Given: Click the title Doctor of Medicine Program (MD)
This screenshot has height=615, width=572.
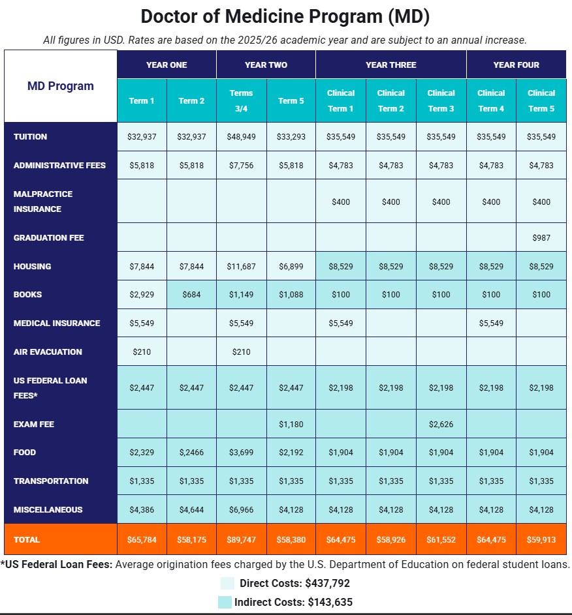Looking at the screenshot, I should [285, 16].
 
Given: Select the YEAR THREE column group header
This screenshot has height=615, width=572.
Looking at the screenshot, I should [390, 65].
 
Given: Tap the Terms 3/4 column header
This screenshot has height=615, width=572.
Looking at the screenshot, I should [241, 100].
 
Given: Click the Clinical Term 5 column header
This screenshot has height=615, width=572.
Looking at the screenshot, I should [541, 100].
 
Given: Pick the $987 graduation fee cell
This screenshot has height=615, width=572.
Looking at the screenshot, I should [541, 237].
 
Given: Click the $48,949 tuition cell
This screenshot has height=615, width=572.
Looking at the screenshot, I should [241, 136].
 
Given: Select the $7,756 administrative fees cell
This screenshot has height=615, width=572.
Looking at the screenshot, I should [241, 165].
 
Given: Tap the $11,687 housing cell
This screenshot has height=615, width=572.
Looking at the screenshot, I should [241, 266].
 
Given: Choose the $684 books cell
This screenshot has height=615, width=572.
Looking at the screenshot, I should [191, 295].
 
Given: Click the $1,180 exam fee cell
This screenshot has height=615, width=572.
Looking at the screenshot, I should [291, 424].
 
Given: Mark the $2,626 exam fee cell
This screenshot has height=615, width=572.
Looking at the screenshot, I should [441, 424].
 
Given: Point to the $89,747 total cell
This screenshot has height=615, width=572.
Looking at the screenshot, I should [241, 539].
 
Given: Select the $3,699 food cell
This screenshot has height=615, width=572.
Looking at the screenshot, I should [241, 453].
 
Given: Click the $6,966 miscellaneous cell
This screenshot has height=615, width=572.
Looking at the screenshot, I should [241, 509].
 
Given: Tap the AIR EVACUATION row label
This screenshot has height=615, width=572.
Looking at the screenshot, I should [48, 352].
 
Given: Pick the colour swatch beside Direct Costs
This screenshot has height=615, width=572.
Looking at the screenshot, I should [227, 583].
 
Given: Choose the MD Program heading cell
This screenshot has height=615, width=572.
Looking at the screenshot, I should [61, 86].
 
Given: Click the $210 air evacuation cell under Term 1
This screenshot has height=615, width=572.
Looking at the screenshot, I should [141, 352].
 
